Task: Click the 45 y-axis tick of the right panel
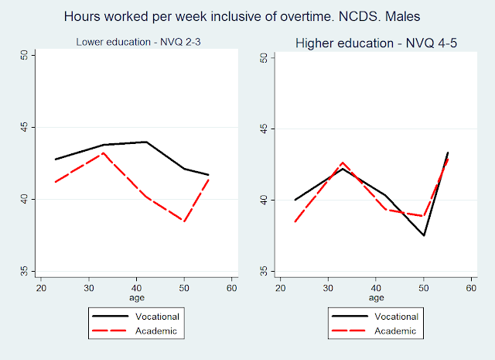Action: (262, 129)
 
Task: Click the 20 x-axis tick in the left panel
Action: (38, 287)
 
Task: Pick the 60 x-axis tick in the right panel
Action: (470, 287)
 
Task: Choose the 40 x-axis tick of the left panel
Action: (134, 287)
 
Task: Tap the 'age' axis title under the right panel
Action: (376, 297)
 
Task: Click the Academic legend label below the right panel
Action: (396, 331)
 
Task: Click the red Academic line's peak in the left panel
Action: (103, 153)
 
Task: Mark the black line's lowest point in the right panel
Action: (424, 235)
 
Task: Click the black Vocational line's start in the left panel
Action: (55, 159)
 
